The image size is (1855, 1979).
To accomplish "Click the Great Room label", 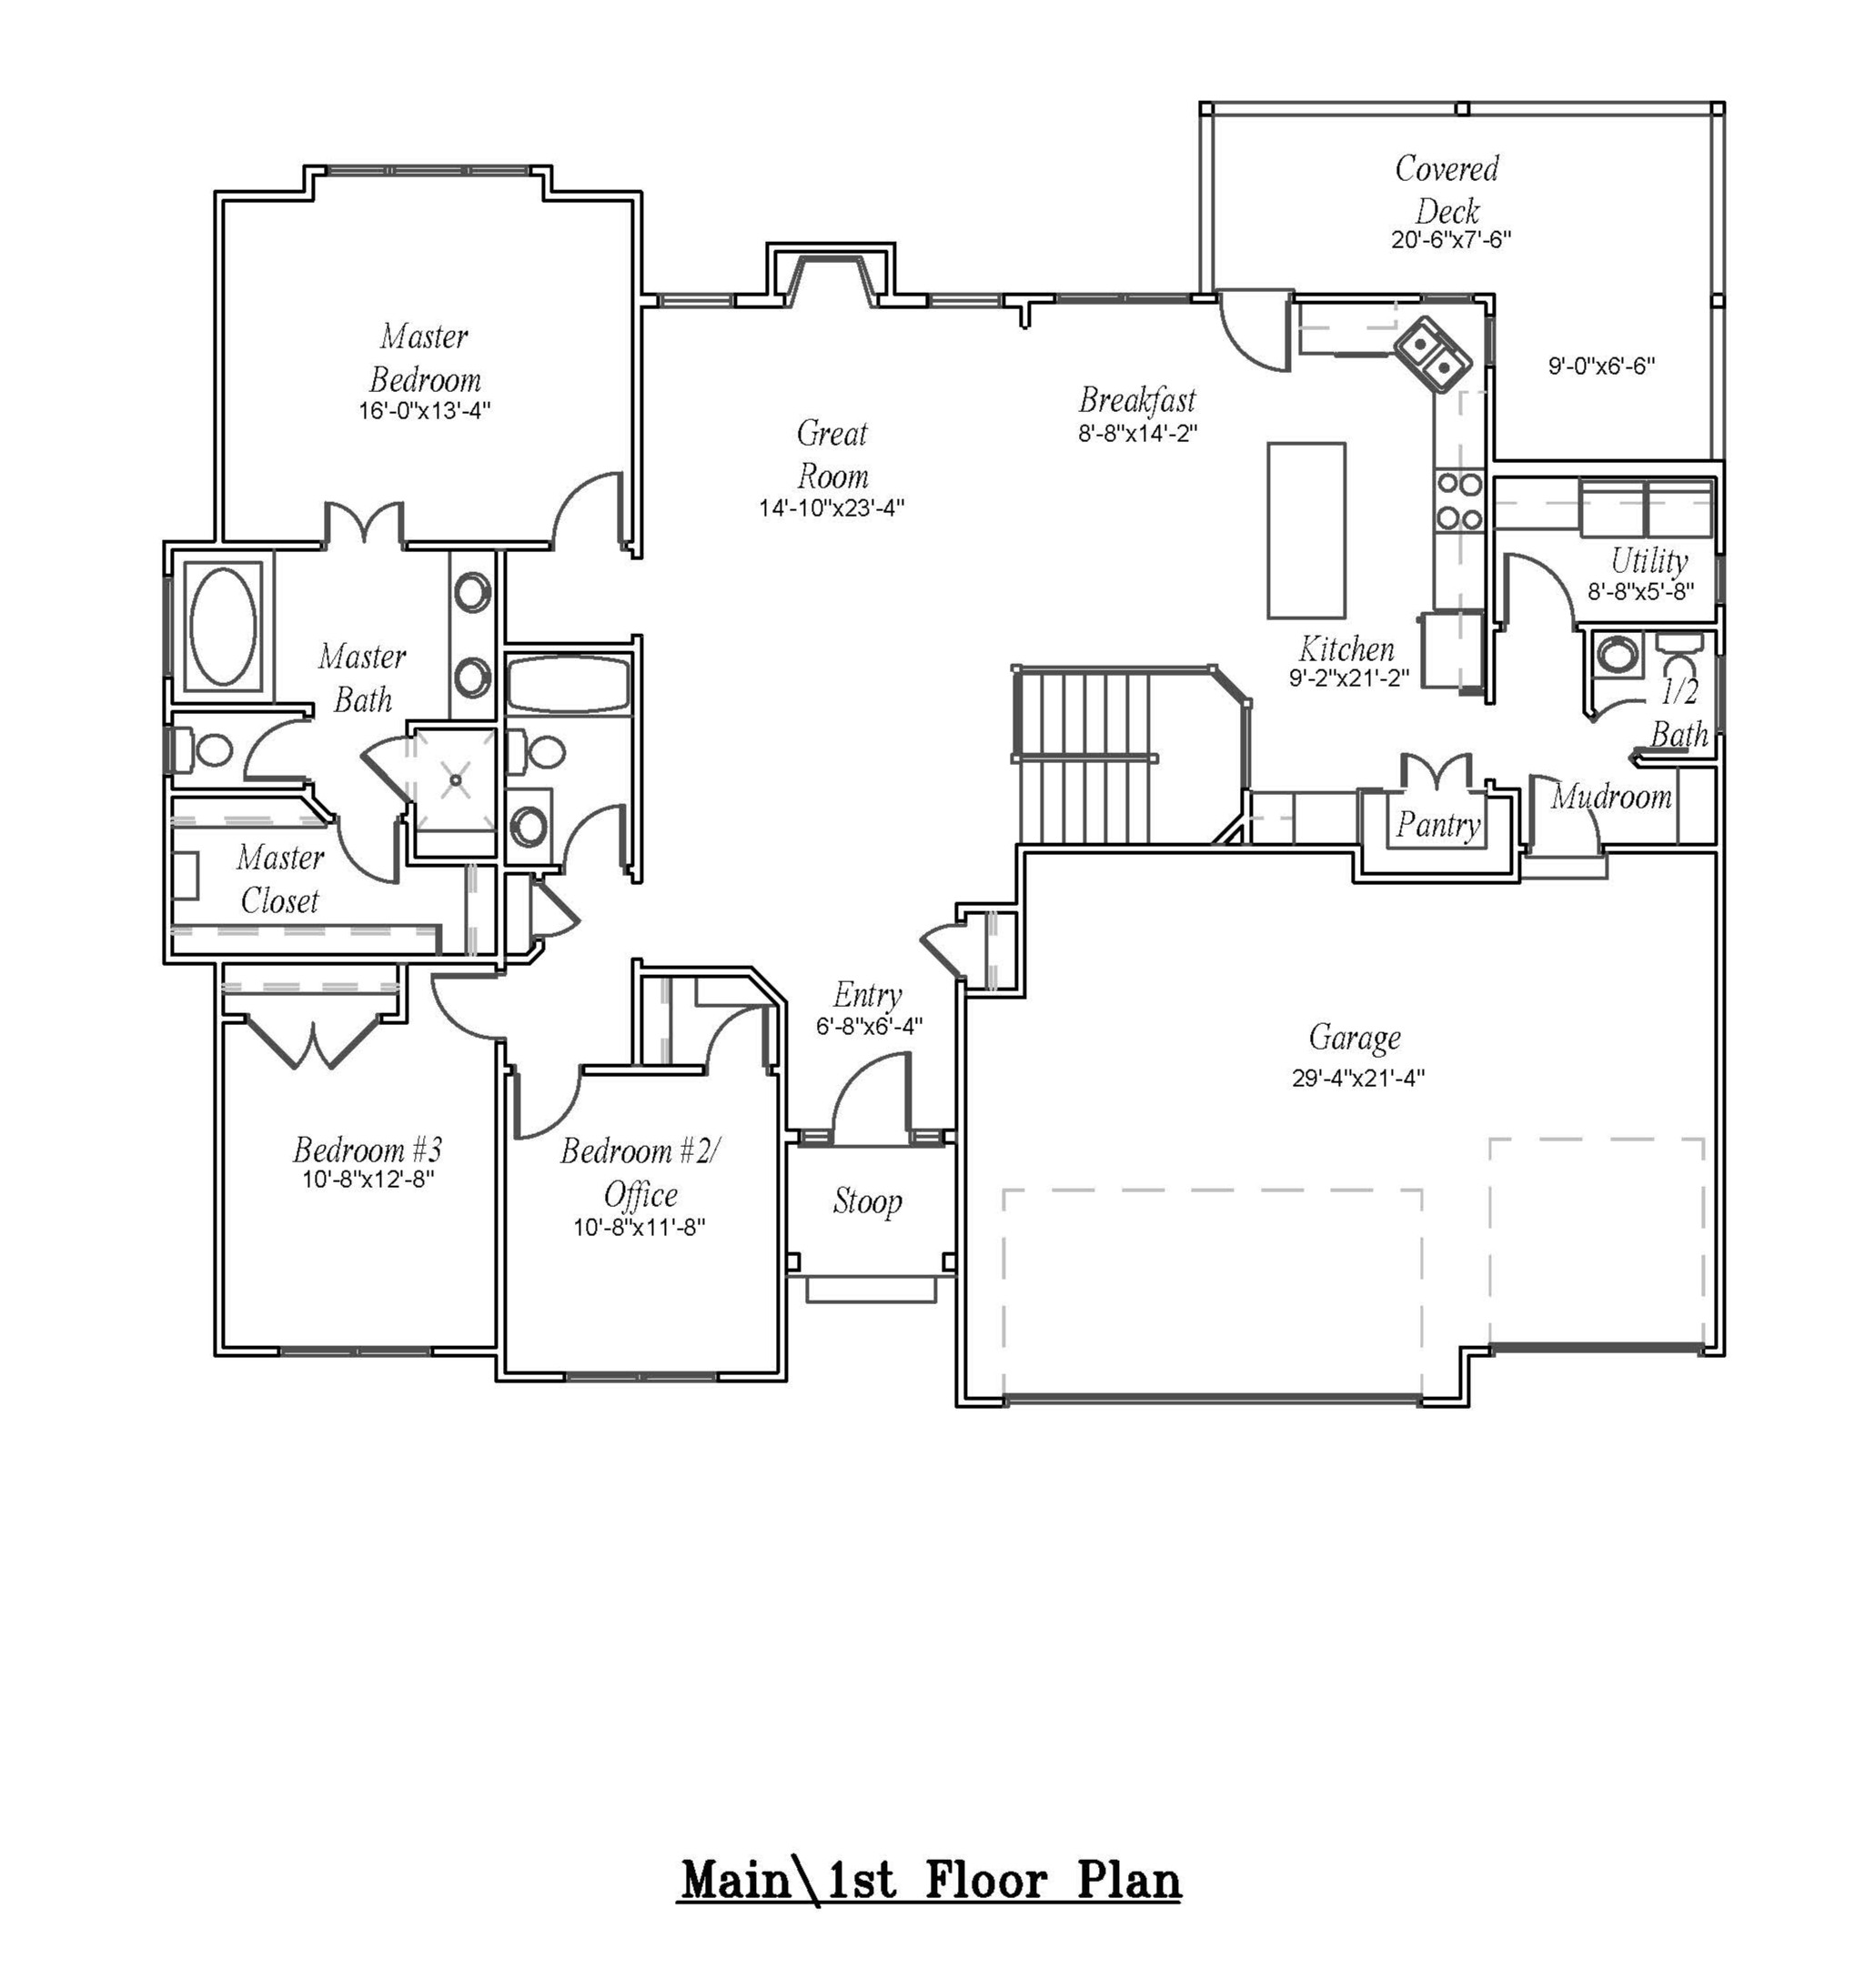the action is coord(832,454).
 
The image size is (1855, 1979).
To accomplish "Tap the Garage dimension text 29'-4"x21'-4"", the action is coord(1358,1078).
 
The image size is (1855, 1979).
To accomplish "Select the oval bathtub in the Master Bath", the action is coord(223,626).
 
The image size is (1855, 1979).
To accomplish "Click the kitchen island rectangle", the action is coord(1306,530).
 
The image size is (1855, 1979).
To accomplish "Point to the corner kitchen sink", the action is coord(1432,357).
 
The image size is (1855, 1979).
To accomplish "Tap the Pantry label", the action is coord(1437,824).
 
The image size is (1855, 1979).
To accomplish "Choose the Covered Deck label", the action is coord(1447,189).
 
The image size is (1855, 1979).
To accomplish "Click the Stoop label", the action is coord(867,1201).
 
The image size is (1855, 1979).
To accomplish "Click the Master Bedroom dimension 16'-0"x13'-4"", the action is coord(424,410).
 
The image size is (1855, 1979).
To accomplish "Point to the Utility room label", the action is coord(1648,560).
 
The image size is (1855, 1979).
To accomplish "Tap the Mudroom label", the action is coord(1610,797).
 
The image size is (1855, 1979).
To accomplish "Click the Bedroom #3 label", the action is coord(368,1150).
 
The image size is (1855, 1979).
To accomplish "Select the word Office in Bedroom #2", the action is coord(640,1194).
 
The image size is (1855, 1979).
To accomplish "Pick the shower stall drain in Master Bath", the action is coord(456,780).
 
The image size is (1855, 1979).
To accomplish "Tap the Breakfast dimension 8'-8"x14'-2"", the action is coord(1137,433).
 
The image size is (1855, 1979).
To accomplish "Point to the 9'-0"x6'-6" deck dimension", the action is coord(1601,367).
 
